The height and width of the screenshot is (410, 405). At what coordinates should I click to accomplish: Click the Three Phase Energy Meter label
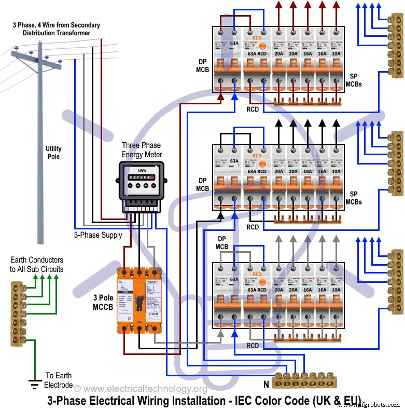point(142,150)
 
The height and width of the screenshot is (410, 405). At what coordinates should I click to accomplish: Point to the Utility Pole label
point(53,153)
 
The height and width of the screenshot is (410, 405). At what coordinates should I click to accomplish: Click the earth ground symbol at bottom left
point(35,384)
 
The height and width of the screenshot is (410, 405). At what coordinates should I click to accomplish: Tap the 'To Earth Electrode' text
point(59,380)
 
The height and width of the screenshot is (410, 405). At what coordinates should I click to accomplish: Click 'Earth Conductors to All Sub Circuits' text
point(36,264)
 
